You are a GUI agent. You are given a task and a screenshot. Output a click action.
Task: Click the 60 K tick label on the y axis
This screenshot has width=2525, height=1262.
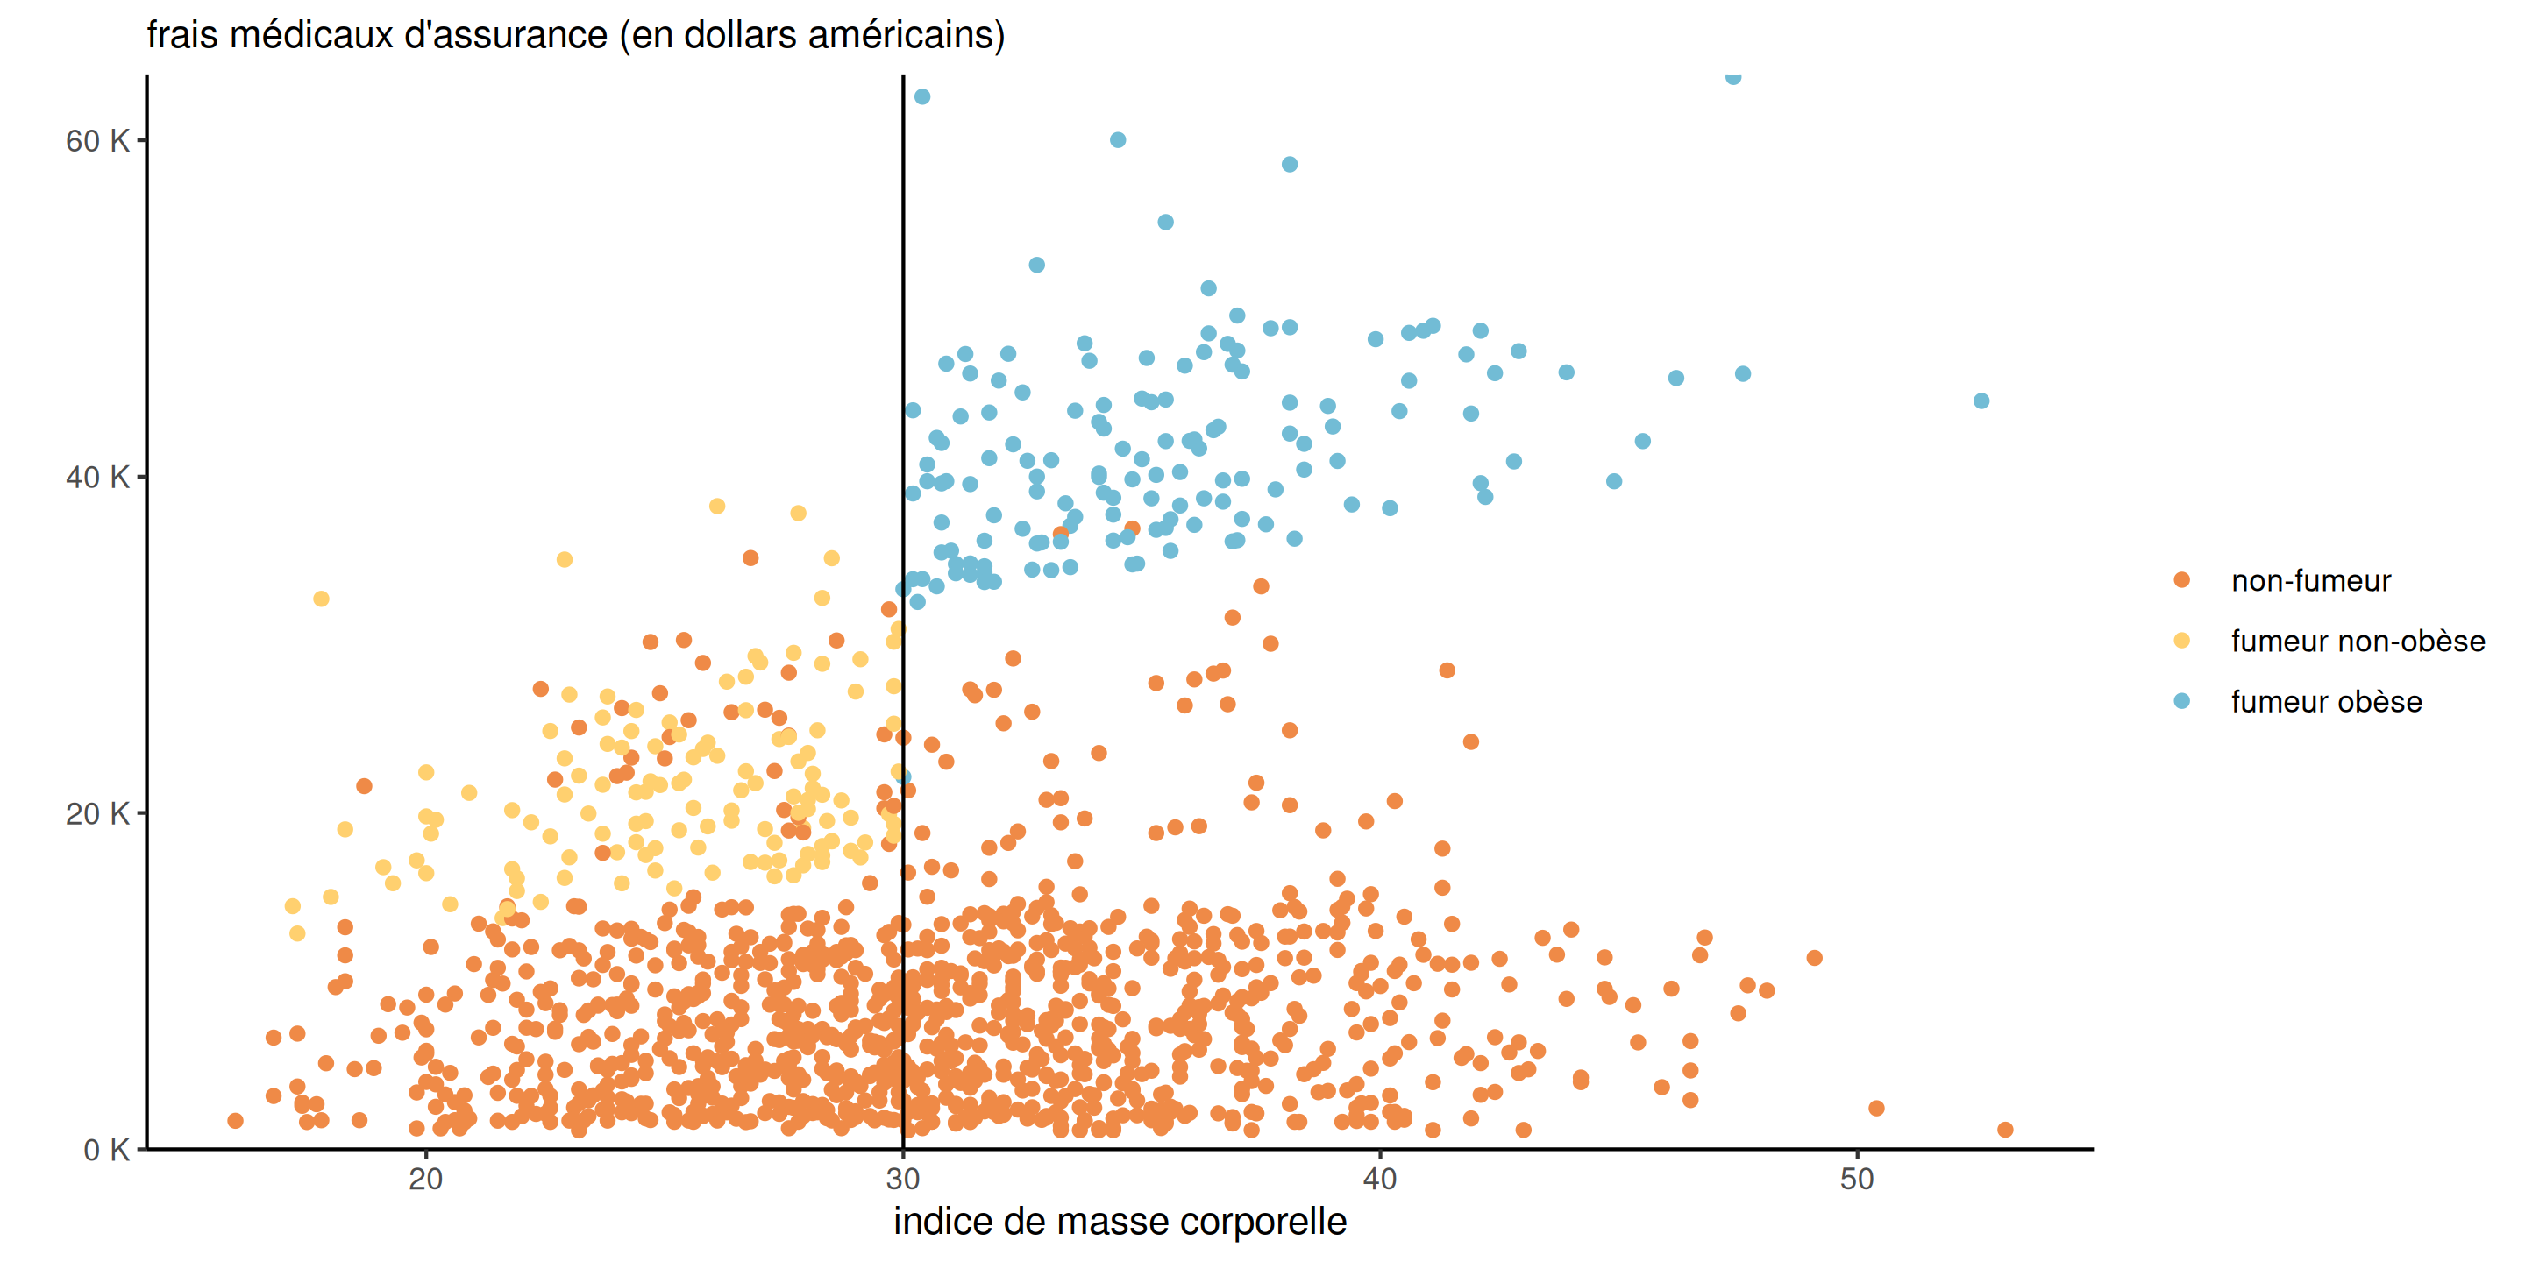tap(96, 141)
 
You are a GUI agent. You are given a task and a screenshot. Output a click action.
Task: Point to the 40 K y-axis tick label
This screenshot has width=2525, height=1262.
tap(96, 477)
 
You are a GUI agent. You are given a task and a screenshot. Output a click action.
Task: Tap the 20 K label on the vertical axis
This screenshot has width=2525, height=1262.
tap(96, 813)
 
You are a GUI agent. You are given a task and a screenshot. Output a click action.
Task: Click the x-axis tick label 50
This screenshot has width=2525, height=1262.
tap(1857, 1179)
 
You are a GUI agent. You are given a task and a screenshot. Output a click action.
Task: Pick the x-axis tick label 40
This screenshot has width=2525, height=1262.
tap(1379, 1179)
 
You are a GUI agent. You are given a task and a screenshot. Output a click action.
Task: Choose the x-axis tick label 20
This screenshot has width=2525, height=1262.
tap(425, 1179)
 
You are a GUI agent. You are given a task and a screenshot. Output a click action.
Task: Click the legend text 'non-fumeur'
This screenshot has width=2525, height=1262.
tap(2310, 581)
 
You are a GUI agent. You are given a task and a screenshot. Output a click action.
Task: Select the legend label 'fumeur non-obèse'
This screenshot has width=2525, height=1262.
tap(2358, 642)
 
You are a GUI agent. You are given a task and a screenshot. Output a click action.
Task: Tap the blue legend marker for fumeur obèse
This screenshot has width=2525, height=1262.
tap(2182, 701)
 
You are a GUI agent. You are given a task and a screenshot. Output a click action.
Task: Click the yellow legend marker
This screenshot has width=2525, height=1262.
tap(2182, 641)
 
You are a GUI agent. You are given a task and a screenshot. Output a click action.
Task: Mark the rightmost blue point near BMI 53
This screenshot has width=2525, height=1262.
tap(1981, 401)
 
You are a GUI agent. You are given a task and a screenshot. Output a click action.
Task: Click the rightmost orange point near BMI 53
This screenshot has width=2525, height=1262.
tap(2005, 1130)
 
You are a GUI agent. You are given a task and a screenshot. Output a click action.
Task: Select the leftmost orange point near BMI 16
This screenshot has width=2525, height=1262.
tap(235, 1121)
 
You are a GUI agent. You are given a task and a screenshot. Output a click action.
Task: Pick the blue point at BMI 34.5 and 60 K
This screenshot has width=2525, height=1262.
tap(1118, 140)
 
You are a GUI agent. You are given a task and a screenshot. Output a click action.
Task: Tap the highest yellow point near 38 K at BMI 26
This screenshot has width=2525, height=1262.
tap(717, 507)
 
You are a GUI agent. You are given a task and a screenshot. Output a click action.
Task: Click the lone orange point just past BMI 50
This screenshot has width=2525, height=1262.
tap(1876, 1108)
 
